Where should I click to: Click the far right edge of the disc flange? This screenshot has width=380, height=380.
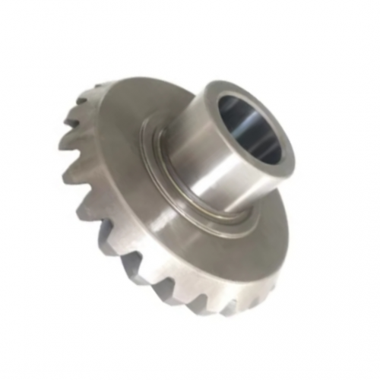point(292,217)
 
